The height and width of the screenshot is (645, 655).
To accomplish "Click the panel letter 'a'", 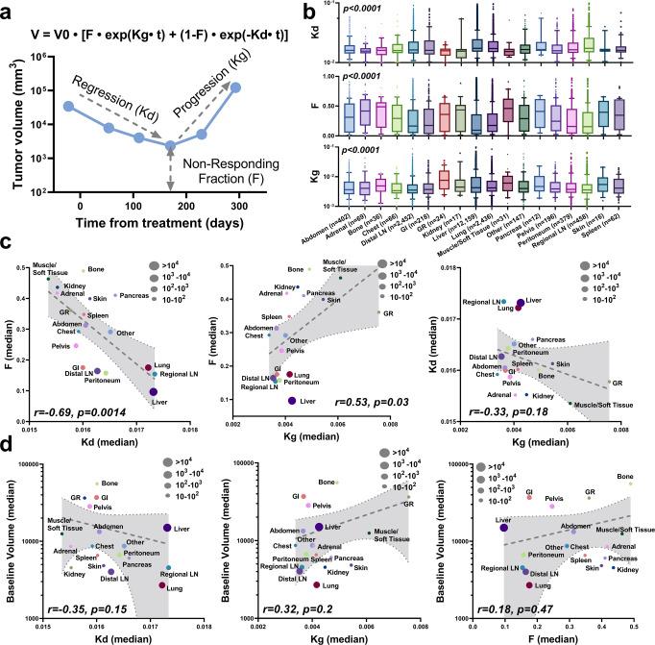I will pyautogui.click(x=8, y=9).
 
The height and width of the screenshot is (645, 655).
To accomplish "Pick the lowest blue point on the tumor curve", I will pyautogui.click(x=169, y=146).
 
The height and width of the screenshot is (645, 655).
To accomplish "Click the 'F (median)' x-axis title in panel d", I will pyautogui.click(x=556, y=638).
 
